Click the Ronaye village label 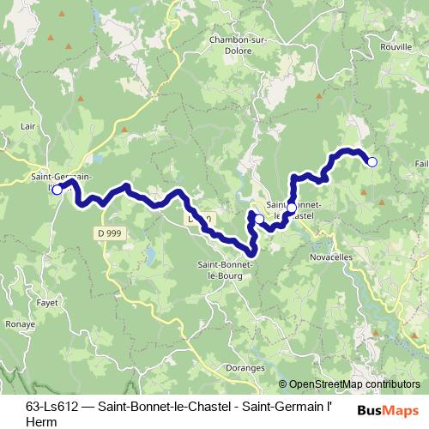19,325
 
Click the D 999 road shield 108,233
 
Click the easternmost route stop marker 372,161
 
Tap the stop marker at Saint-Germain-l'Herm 57,190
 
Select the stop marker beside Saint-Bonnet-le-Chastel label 291,208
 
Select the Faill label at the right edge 421,163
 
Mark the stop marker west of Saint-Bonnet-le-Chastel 259,220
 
